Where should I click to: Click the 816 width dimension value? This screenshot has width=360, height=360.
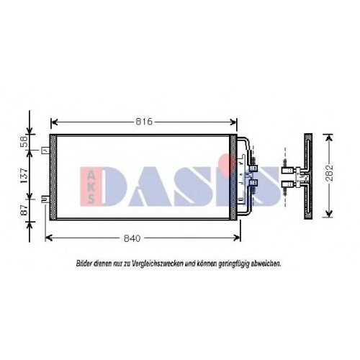click(144, 122)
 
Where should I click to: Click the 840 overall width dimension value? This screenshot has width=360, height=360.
click(132, 238)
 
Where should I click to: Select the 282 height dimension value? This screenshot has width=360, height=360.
click(330, 173)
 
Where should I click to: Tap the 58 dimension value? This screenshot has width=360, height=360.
click(25, 142)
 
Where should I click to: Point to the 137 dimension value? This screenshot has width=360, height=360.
click(24, 176)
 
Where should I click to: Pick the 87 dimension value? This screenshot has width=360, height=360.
click(24, 210)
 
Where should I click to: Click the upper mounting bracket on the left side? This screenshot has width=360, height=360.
click(45, 150)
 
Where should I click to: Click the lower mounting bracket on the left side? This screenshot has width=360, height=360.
click(45, 199)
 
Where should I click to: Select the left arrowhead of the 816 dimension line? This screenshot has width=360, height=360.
click(55, 122)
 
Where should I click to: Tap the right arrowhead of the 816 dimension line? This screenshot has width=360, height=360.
click(233, 122)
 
